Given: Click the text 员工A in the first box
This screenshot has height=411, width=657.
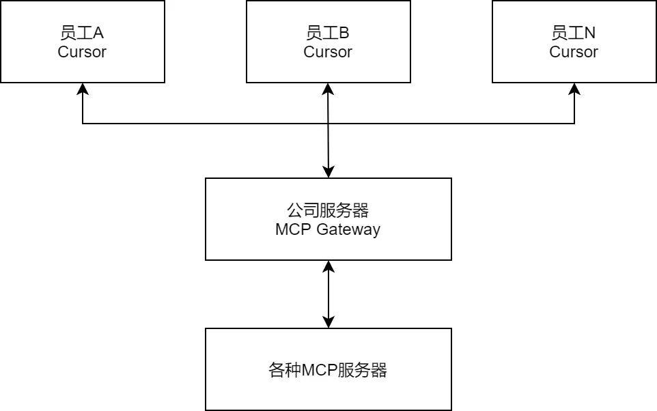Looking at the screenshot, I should point(82,33).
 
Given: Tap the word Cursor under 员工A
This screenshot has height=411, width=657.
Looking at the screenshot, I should point(82,52).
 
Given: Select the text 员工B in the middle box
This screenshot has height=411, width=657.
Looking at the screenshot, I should point(328,33).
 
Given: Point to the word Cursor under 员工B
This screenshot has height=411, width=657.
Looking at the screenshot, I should point(328,52).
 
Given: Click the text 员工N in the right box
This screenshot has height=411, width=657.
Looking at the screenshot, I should point(574,33).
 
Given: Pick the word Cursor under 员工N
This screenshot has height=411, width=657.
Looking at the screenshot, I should point(574,52).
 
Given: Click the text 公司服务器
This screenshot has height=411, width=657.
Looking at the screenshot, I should point(328,210).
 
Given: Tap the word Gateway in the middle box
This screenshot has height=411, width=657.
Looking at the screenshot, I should point(348,229).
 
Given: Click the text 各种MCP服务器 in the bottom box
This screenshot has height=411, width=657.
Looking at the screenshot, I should point(328,370).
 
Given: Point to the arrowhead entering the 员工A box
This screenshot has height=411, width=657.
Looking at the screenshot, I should point(83,88).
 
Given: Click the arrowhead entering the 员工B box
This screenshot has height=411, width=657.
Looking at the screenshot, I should point(328,88).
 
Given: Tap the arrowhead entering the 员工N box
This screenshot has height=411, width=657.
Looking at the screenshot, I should point(574,88).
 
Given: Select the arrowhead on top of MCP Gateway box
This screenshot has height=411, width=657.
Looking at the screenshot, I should point(328,173).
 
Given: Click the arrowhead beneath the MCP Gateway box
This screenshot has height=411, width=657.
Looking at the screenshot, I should point(328,266).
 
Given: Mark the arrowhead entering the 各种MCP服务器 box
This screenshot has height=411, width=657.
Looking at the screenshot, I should point(328,323).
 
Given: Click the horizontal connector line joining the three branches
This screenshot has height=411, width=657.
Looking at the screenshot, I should point(205,124).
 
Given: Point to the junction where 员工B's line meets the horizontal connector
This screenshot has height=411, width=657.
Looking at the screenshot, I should point(328,124).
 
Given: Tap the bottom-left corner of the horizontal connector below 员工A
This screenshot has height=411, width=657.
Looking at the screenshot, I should point(83,124).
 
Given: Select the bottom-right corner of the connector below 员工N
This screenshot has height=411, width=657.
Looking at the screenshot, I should point(574,124).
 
